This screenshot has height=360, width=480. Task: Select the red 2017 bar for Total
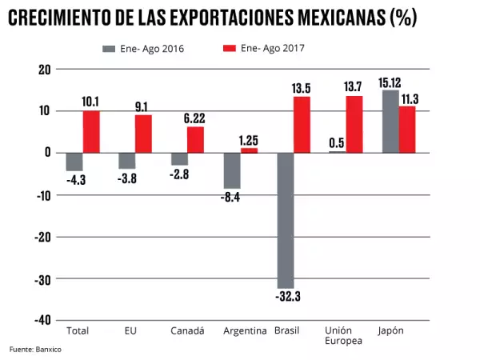coord(91,131)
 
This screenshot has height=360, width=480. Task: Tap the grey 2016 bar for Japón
coord(390,121)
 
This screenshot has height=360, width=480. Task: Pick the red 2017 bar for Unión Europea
coord(354,124)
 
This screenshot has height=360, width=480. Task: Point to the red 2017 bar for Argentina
coord(249,150)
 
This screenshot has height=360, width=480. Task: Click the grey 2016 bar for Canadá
coord(179,158)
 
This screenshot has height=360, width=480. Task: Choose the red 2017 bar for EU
coord(143,134)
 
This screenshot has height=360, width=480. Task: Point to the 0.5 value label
coord(336,142)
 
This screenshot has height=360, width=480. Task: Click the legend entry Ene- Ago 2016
coord(143,49)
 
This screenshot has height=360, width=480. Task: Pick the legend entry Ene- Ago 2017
coord(264,48)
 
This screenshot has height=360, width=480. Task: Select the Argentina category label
coord(240,330)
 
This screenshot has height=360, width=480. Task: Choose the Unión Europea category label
coord(343,335)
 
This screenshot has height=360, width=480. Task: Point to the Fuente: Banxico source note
coord(35,350)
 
